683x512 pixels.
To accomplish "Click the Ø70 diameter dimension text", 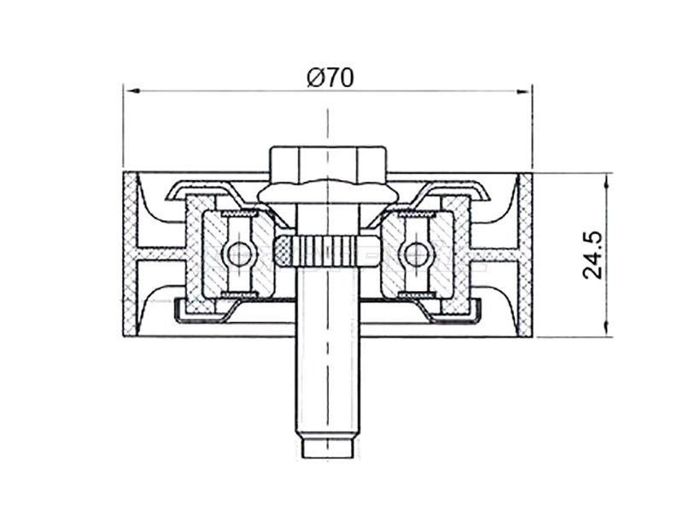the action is [x=330, y=78].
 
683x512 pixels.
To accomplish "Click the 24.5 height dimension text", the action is [x=592, y=254].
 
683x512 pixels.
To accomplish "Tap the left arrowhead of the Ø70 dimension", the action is [x=132, y=91].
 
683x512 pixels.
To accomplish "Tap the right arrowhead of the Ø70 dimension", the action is [x=523, y=91].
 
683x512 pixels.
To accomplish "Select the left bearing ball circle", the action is [x=239, y=253].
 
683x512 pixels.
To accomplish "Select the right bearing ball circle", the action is [x=415, y=253].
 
